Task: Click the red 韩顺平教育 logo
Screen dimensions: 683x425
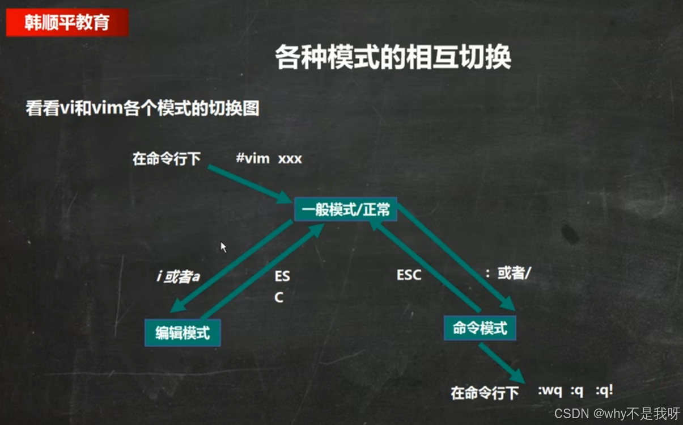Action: (x=67, y=23)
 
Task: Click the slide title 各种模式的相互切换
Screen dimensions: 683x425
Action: (x=393, y=57)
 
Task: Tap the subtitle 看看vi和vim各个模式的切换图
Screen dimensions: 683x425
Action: (x=142, y=108)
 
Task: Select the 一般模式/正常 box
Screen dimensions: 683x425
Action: (x=346, y=209)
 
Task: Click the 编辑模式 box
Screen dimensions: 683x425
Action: (x=183, y=333)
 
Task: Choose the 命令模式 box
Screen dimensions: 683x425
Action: (x=480, y=328)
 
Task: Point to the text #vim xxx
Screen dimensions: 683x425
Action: (x=269, y=159)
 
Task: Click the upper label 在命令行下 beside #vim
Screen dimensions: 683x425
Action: (x=167, y=159)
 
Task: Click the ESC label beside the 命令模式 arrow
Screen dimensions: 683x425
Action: (x=409, y=275)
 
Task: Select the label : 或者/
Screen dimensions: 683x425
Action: (x=508, y=273)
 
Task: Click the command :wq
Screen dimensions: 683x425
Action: (x=549, y=391)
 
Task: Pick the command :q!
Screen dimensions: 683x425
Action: (x=604, y=391)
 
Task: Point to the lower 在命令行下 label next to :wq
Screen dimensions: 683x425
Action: (x=485, y=393)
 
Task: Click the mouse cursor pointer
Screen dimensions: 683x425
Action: (x=223, y=247)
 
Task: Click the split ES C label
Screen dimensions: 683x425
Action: (x=282, y=287)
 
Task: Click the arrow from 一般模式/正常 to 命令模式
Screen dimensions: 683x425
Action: (x=456, y=258)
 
